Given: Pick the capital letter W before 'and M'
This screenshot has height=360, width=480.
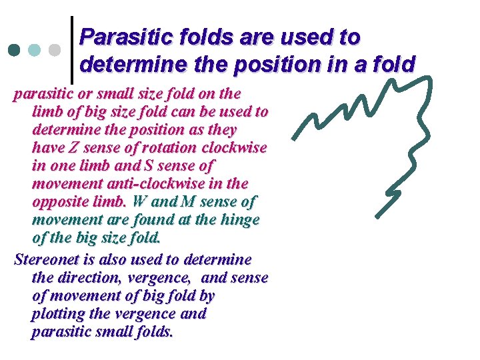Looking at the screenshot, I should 139,201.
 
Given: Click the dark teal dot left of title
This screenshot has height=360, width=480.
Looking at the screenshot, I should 15,50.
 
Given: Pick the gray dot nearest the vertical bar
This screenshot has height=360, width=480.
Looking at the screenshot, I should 56,50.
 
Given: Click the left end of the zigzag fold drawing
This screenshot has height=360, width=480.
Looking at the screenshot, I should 295,139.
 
